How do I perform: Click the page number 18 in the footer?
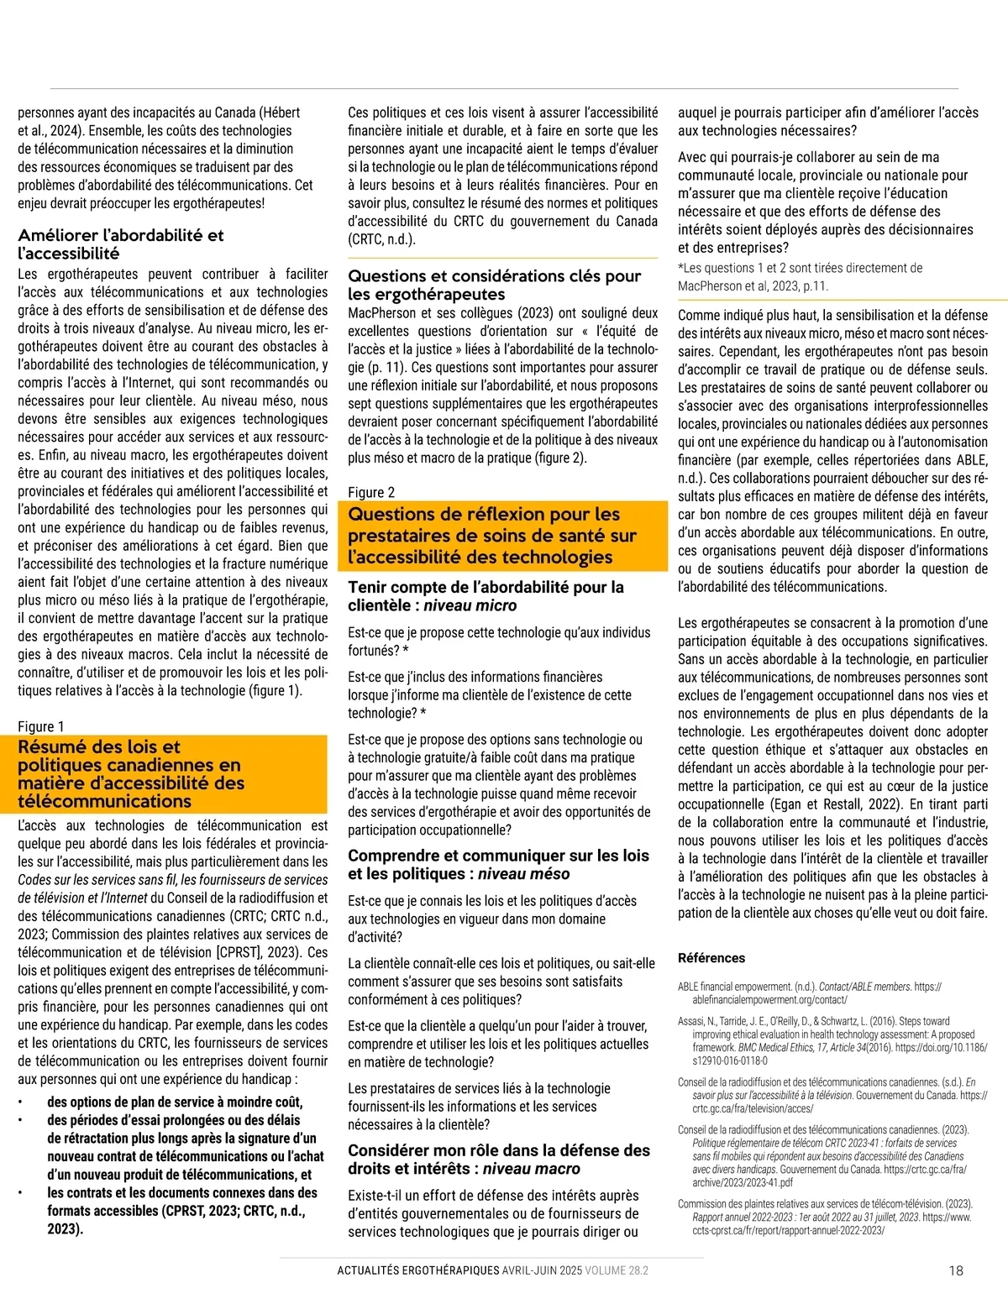click(x=956, y=1270)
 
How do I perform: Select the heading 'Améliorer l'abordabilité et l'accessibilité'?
click(x=121, y=244)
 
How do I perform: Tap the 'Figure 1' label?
click(x=41, y=726)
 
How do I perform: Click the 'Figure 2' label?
click(x=371, y=492)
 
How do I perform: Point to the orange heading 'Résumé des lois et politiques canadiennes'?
click(x=131, y=773)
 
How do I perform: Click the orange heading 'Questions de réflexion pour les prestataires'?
click(x=492, y=536)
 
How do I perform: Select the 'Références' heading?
click(x=711, y=958)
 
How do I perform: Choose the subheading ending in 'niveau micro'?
click(x=486, y=596)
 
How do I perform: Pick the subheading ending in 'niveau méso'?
click(x=498, y=865)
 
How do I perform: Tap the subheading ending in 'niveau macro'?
click(x=499, y=1160)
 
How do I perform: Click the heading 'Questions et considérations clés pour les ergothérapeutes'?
click(x=494, y=285)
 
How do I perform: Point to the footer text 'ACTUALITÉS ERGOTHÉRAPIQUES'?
click(x=418, y=1270)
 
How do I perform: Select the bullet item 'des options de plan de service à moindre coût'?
click(x=175, y=1102)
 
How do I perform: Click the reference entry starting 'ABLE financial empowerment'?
click(x=809, y=993)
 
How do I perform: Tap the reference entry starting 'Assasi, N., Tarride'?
click(x=832, y=1041)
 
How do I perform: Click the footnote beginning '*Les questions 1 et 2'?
click(x=800, y=277)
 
